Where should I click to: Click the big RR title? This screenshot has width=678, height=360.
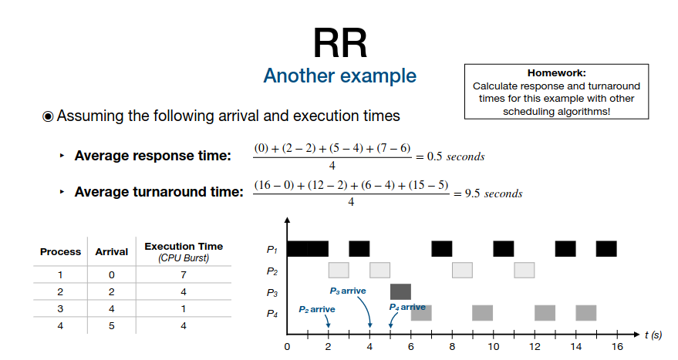[340, 43]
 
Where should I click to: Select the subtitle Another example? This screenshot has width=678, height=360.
[340, 76]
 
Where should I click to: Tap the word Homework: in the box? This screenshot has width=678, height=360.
[556, 73]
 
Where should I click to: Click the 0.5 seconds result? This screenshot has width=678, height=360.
[456, 156]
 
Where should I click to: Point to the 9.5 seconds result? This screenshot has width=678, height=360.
[494, 193]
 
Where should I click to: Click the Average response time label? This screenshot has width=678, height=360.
[153, 156]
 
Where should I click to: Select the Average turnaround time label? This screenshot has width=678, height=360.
[159, 192]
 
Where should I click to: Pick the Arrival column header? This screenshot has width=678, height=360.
[112, 252]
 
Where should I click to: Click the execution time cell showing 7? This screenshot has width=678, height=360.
[184, 275]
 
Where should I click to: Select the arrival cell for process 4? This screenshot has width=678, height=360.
[112, 326]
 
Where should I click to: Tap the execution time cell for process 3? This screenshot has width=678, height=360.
[184, 309]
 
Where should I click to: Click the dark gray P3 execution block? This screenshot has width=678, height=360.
[400, 291]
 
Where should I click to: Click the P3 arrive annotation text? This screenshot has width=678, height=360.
[348, 291]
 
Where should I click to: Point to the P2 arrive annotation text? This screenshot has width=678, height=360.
[317, 309]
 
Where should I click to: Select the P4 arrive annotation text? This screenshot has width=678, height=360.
[407, 307]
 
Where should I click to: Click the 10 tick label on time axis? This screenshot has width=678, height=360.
[494, 347]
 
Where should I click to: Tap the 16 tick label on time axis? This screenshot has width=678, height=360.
[617, 347]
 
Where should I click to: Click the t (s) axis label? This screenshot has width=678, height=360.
[653, 335]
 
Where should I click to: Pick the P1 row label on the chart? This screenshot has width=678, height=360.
[272, 250]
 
